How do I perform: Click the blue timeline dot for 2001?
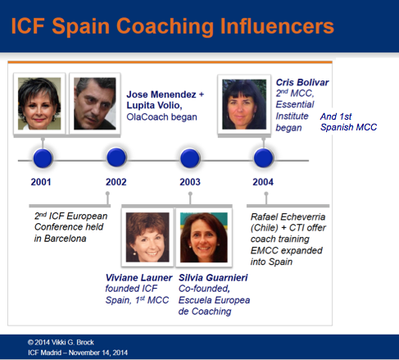[x=43, y=157]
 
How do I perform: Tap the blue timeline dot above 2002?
[x=116, y=157]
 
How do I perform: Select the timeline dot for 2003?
[x=189, y=157]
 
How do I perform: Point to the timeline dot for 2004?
[x=263, y=157]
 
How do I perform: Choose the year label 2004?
[x=263, y=181]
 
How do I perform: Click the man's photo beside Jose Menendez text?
[x=95, y=103]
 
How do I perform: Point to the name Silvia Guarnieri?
[x=213, y=277]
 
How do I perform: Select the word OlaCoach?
[x=147, y=116]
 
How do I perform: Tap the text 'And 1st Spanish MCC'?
[x=348, y=122]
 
